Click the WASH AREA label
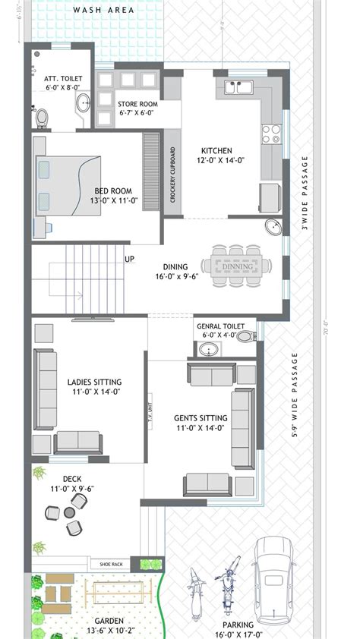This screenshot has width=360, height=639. coord(103,10)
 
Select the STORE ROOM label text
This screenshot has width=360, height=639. coord(137,103)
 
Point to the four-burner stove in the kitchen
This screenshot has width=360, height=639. coord(271,134)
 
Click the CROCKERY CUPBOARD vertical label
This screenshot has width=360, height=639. coord(172,175)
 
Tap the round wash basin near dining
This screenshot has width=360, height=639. coord(273,226)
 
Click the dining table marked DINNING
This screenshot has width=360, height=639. coord(238,266)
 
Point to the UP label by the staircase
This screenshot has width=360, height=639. coord(130,259)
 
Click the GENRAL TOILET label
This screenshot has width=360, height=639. coord(220,326)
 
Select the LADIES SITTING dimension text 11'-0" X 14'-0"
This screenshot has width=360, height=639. coord(94,392)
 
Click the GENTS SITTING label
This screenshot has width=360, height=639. coord(201,417)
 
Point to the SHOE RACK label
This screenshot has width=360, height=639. coord(111,564)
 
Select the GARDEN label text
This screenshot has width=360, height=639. coord(109,619)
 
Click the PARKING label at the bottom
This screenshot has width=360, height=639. coord(238,625)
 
